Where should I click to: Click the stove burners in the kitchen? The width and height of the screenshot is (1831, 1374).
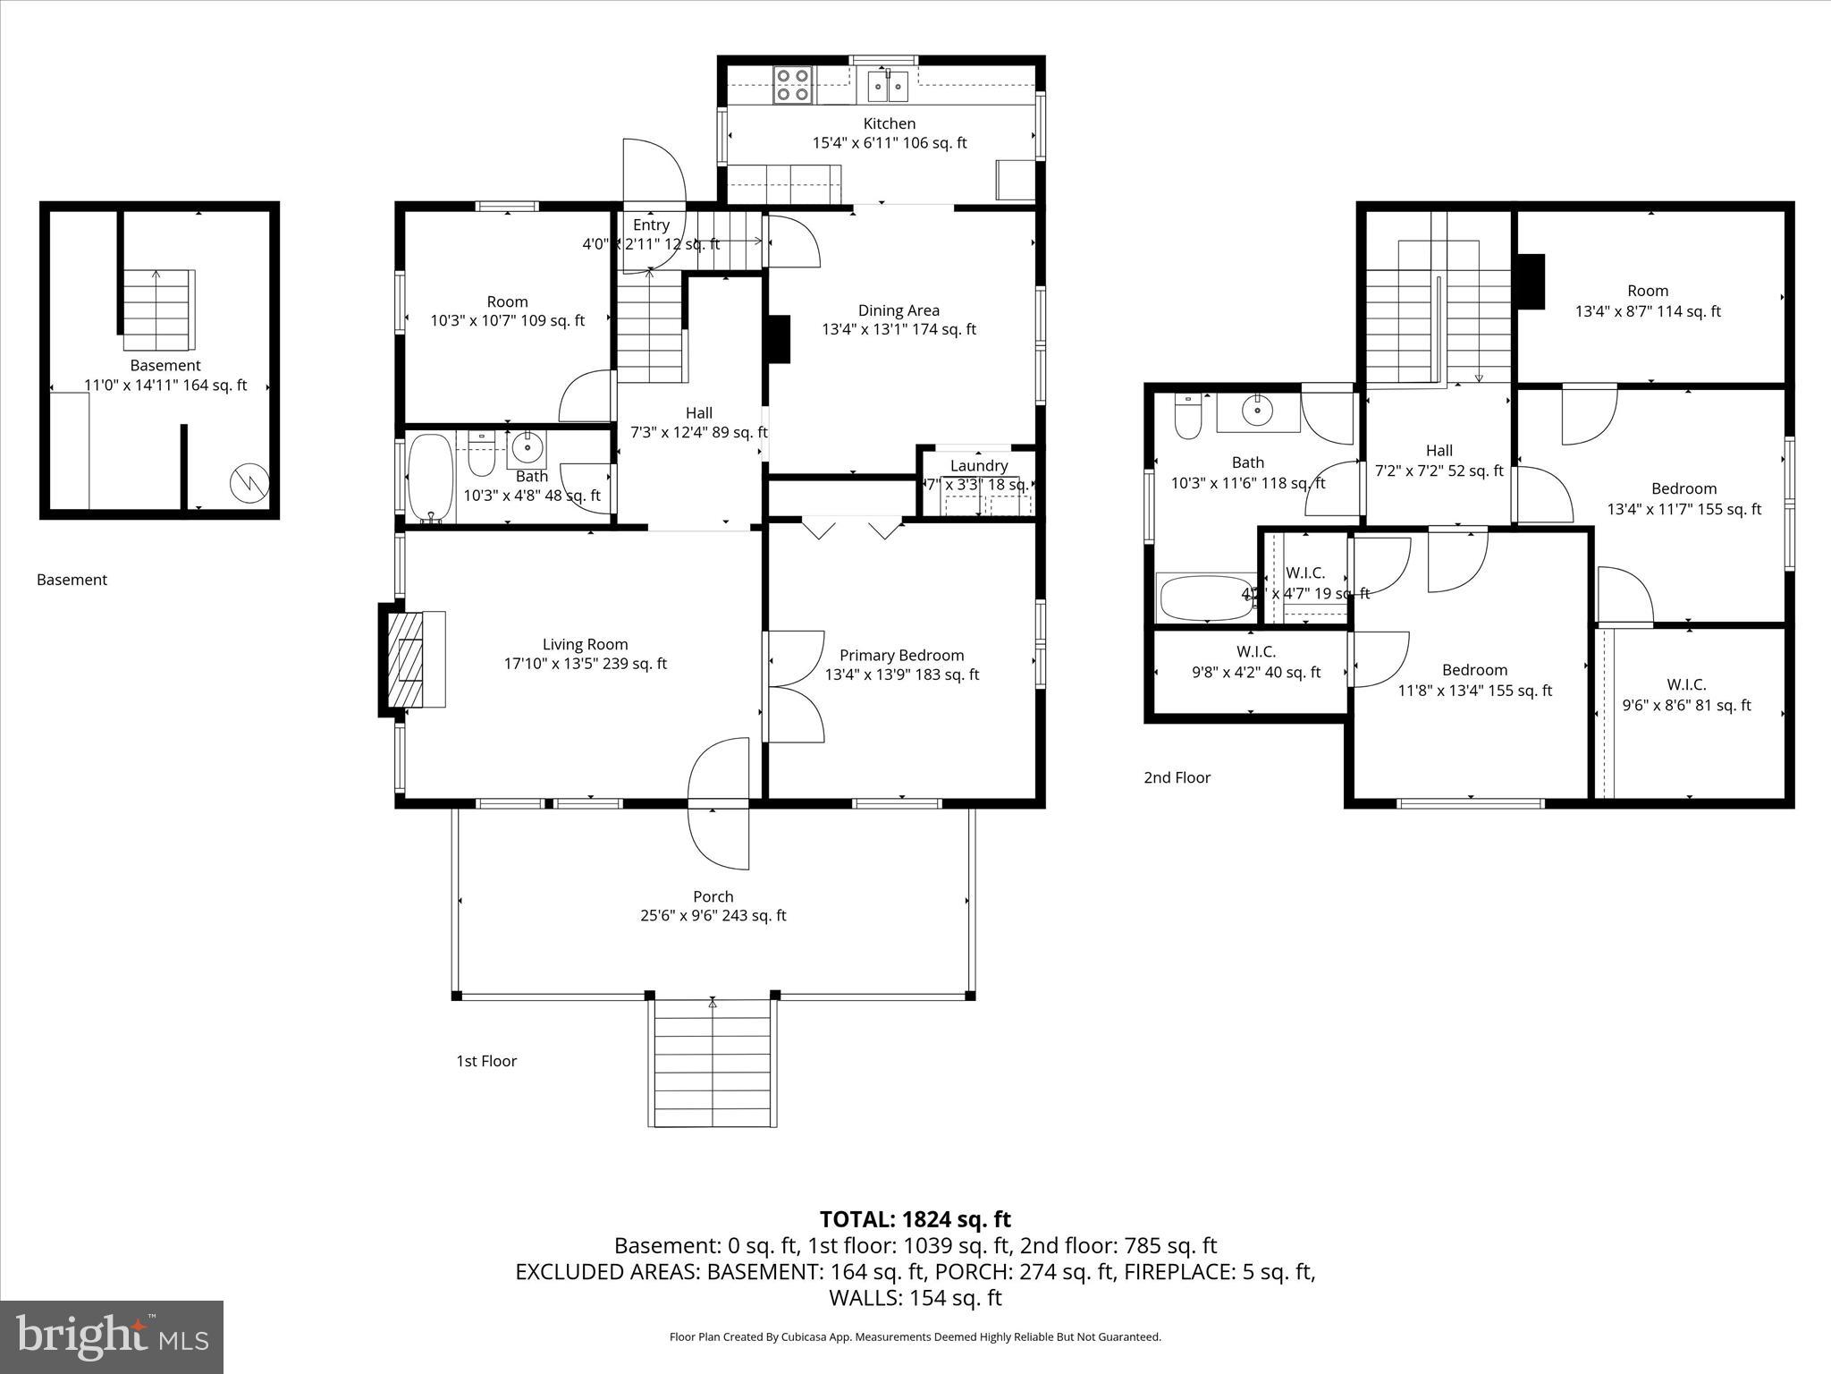point(792,85)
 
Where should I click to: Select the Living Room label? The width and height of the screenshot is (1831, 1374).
point(585,644)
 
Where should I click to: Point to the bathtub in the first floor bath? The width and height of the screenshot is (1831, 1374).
point(431,479)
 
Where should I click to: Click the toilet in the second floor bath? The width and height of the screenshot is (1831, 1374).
point(1188,418)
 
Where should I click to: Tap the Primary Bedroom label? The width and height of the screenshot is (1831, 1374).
point(901,656)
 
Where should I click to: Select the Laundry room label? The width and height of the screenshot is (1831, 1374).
point(979,465)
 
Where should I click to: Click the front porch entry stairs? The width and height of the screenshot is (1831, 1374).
point(713,1064)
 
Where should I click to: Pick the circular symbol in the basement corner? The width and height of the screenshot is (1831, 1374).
point(249,483)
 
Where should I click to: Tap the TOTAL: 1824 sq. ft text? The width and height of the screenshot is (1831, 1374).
point(915,1219)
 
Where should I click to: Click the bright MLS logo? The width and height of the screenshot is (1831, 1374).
point(112,1336)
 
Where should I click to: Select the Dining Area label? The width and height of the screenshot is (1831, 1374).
point(899,310)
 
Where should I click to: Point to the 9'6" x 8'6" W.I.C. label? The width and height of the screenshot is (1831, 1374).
point(1686,695)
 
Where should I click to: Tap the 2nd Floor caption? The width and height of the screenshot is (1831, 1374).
point(1177,777)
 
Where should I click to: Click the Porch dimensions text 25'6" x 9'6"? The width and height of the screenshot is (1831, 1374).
point(713,915)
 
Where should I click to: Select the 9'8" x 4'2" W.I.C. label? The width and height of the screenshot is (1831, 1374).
point(1255,663)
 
